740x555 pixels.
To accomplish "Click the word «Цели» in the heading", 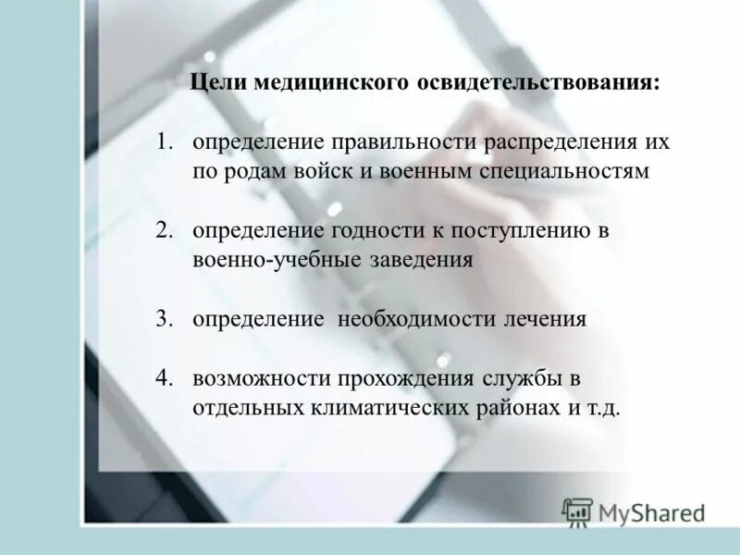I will click(215, 82).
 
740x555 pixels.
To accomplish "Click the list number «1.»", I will click(166, 143).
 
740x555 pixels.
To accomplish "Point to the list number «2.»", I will click(166, 231).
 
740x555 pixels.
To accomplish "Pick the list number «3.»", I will click(166, 319).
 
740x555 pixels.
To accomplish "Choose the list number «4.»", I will click(166, 378).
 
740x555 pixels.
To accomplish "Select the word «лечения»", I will click(545, 319).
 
